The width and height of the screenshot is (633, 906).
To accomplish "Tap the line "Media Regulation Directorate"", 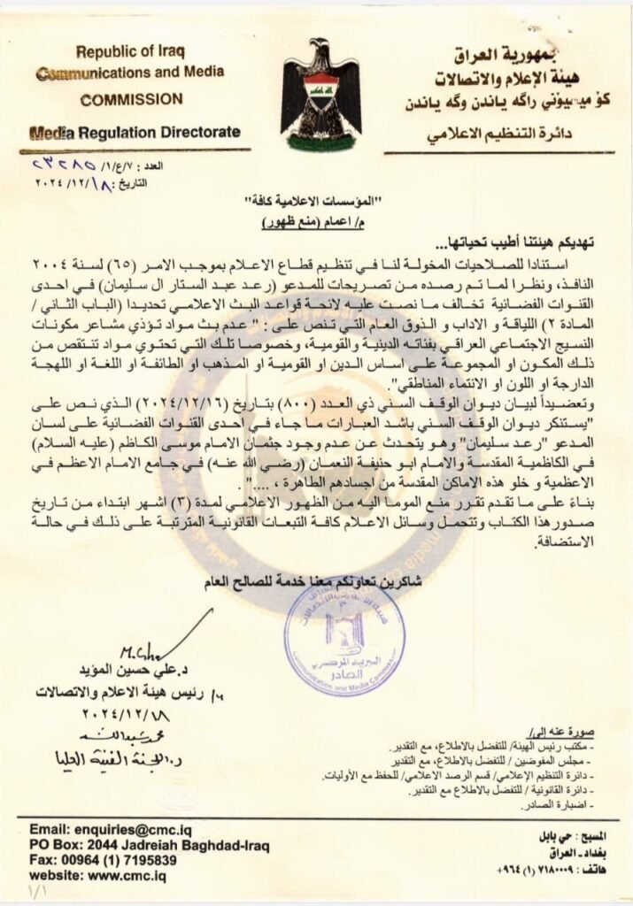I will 134,133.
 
